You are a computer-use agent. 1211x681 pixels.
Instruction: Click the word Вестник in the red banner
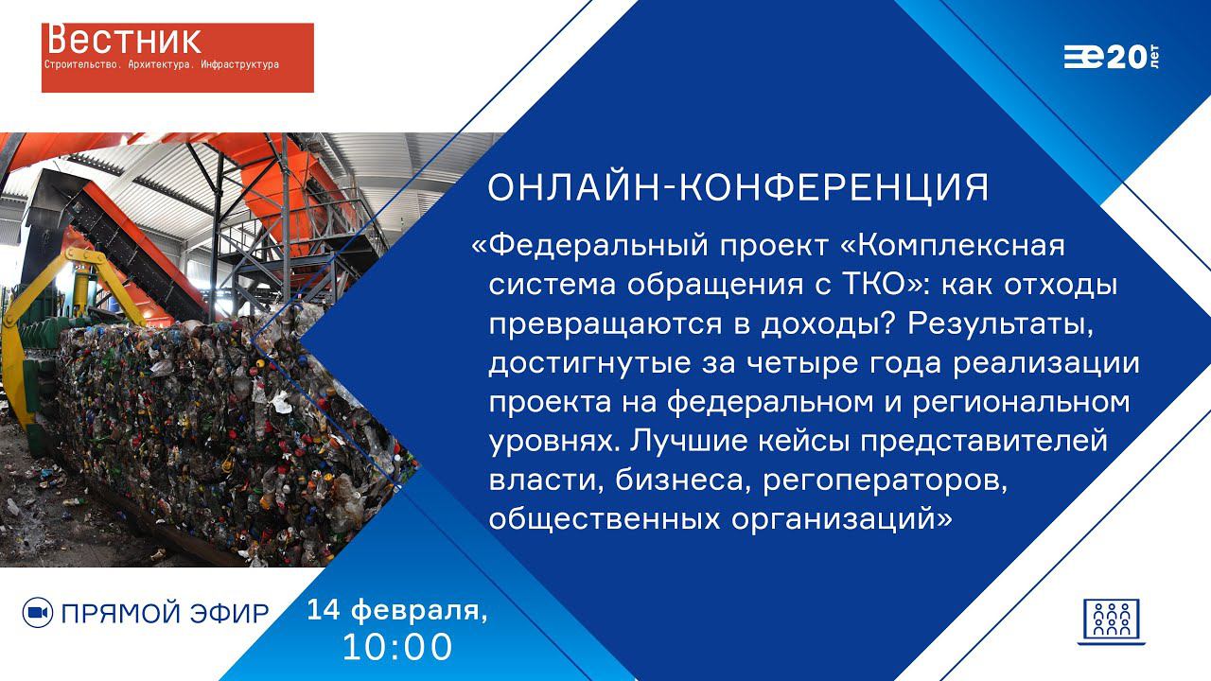(x=123, y=40)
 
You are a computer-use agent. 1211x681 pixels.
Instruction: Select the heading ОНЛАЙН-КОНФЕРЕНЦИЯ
(x=738, y=188)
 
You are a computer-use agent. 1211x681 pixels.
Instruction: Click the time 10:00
(x=398, y=648)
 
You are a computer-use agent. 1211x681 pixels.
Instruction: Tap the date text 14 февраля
(x=397, y=611)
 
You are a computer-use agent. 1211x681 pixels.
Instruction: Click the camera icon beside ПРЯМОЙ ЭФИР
(x=37, y=613)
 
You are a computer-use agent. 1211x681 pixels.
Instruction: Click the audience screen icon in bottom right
(x=1111, y=621)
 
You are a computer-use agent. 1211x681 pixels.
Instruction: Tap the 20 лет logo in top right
(x=1112, y=58)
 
